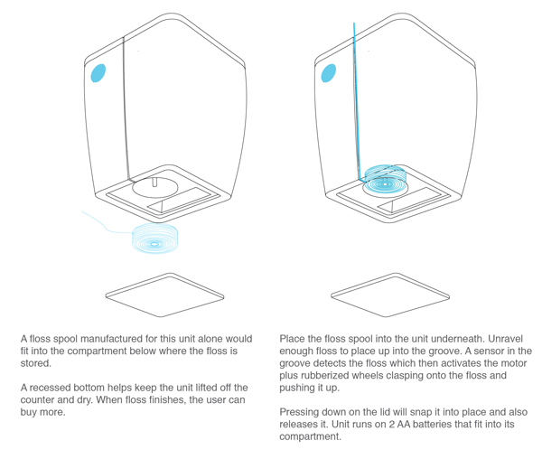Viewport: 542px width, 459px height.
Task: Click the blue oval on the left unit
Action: pyautogui.click(x=98, y=73)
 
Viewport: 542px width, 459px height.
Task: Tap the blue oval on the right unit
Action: pyautogui.click(x=329, y=73)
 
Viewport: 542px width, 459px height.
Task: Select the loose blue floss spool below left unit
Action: pyautogui.click(x=154, y=239)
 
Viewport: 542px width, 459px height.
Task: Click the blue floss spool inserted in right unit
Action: pyautogui.click(x=385, y=179)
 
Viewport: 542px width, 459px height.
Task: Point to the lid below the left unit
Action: pyautogui.click(x=165, y=295)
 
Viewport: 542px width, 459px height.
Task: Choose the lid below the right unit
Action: pyautogui.click(x=390, y=295)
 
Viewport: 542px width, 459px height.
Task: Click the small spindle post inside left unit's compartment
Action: pyautogui.click(x=154, y=183)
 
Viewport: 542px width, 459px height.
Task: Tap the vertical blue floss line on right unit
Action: pyautogui.click(x=357, y=101)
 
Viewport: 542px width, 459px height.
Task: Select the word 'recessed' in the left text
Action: pyautogui.click(x=45, y=388)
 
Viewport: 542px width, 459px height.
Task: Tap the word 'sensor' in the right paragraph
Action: pyautogui.click(x=489, y=351)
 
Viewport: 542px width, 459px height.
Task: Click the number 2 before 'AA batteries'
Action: pyautogui.click(x=392, y=424)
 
